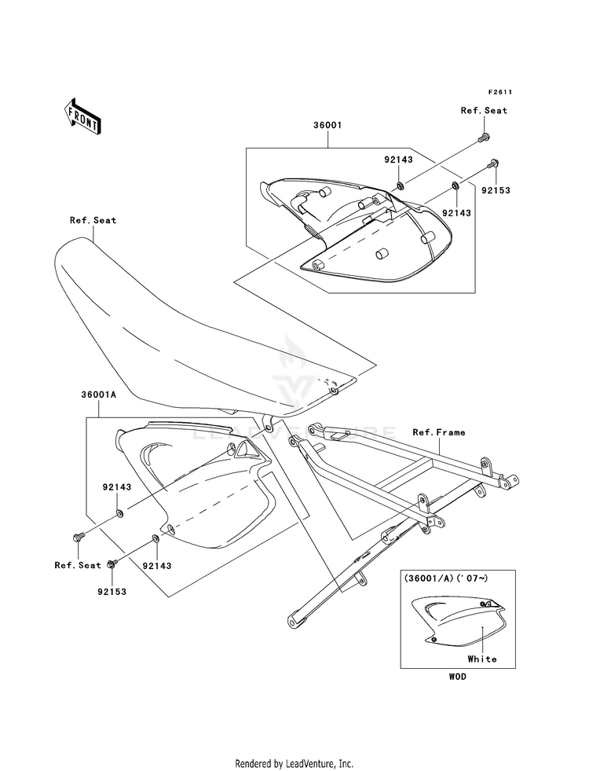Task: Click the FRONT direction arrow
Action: click(82, 116)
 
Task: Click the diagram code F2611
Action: click(500, 92)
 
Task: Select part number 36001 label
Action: click(327, 126)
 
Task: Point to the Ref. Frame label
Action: click(439, 432)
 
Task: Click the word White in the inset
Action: click(482, 659)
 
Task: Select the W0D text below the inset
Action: click(457, 677)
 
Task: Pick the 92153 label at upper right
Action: click(496, 190)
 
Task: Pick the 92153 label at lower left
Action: click(112, 592)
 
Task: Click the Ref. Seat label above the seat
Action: click(93, 220)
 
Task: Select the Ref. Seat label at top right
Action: click(484, 111)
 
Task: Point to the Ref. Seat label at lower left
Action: click(78, 565)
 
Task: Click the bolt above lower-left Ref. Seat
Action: click(78, 538)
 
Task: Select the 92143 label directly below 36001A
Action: click(117, 487)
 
